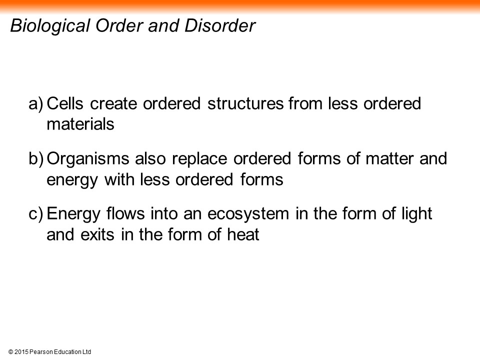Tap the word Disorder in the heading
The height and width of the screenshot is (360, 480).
pyautogui.click(x=220, y=25)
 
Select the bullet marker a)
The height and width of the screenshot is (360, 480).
pyautogui.click(x=36, y=104)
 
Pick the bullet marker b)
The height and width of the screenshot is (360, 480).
pyautogui.click(x=36, y=159)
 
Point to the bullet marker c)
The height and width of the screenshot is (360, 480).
pyautogui.click(x=36, y=214)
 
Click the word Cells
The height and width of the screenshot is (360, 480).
pyautogui.click(x=65, y=103)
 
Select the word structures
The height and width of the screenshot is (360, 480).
pyautogui.click(x=245, y=103)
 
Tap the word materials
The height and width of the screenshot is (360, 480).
pyautogui.click(x=80, y=124)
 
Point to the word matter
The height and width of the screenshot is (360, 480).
pyautogui.click(x=389, y=158)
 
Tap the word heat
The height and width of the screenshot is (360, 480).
pyautogui.click(x=243, y=234)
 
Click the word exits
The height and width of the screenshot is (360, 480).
pyautogui.click(x=97, y=234)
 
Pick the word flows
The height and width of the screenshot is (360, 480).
pyautogui.click(x=125, y=213)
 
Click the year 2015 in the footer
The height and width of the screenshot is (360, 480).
pyautogui.click(x=21, y=352)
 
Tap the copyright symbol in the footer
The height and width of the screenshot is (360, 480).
pyautogui.click(x=10, y=352)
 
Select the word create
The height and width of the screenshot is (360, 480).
pyautogui.click(x=113, y=103)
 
